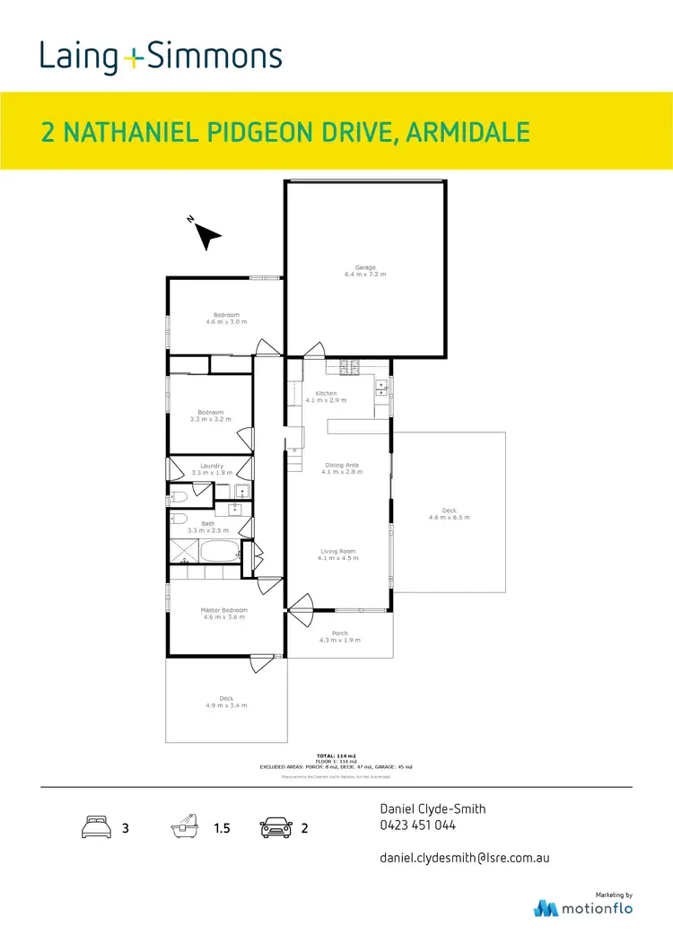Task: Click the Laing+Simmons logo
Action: click(161, 57)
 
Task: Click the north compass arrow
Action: click(207, 235)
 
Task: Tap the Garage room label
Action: click(364, 267)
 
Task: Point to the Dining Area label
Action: click(340, 465)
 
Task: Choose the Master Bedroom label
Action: click(223, 611)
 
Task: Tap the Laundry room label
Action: click(212, 466)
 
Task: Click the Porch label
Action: click(339, 633)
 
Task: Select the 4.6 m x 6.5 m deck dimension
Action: click(449, 518)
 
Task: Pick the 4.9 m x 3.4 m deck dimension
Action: click(226, 706)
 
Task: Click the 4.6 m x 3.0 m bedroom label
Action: click(226, 321)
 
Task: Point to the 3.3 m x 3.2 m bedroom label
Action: click(210, 419)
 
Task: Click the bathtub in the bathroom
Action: click(219, 550)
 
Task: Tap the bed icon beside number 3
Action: click(96, 827)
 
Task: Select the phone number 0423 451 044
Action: click(418, 825)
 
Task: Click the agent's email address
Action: click(465, 858)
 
